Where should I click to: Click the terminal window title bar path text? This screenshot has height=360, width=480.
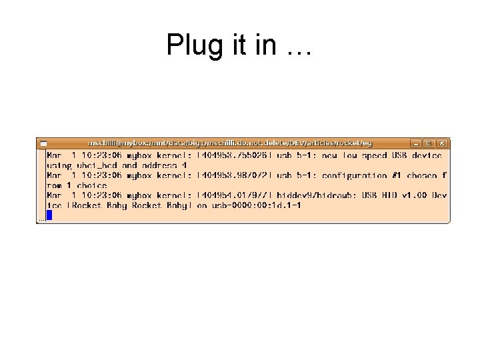(x=230, y=143)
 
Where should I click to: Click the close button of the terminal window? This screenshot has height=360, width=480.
(x=443, y=143)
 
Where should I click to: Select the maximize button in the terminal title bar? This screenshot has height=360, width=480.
(x=429, y=143)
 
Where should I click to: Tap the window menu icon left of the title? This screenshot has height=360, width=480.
(x=43, y=143)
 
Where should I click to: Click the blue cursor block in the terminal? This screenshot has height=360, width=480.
(x=49, y=215)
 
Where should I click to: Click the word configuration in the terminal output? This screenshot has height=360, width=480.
(x=354, y=175)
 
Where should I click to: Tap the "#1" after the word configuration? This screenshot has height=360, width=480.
(x=398, y=175)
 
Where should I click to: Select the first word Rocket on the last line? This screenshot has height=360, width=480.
(x=87, y=205)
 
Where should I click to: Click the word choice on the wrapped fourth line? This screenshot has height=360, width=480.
(x=92, y=185)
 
